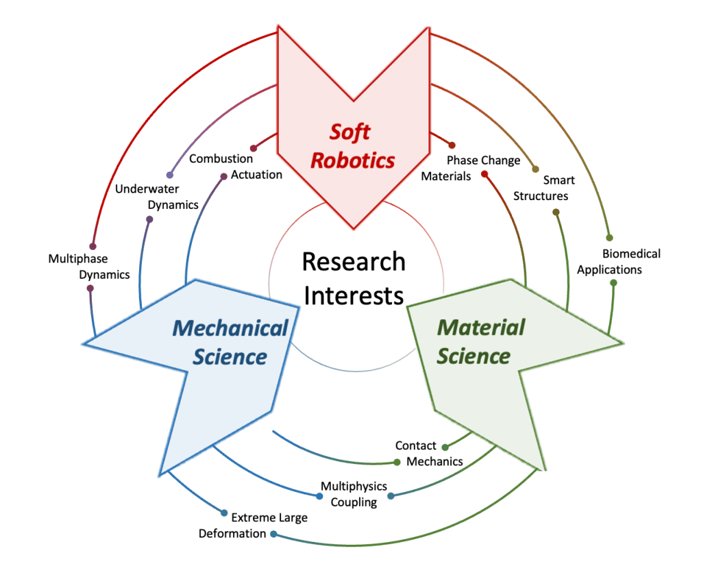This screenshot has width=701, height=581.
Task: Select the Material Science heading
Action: pyautogui.click(x=480, y=341)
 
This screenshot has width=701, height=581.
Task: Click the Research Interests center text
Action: pyautogui.click(x=354, y=278)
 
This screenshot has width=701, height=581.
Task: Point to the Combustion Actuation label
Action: pyautogui.click(x=236, y=166)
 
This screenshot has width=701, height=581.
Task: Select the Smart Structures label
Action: pyautogui.click(x=545, y=188)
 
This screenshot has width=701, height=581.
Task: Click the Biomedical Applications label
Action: pyautogui.click(x=618, y=261)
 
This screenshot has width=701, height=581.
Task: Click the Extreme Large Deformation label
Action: pyautogui.click(x=253, y=525)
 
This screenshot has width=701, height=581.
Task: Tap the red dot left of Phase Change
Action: pyautogui.click(x=452, y=145)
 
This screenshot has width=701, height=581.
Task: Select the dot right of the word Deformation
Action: pyautogui.click(x=273, y=534)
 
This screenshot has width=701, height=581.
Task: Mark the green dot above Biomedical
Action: pyautogui.click(x=606, y=237)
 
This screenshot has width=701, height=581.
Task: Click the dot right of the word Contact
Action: pyautogui.click(x=444, y=447)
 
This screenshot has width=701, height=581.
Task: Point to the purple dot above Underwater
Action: pyautogui.click(x=169, y=175)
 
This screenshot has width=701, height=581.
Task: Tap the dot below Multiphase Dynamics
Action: pyautogui.click(x=90, y=288)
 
